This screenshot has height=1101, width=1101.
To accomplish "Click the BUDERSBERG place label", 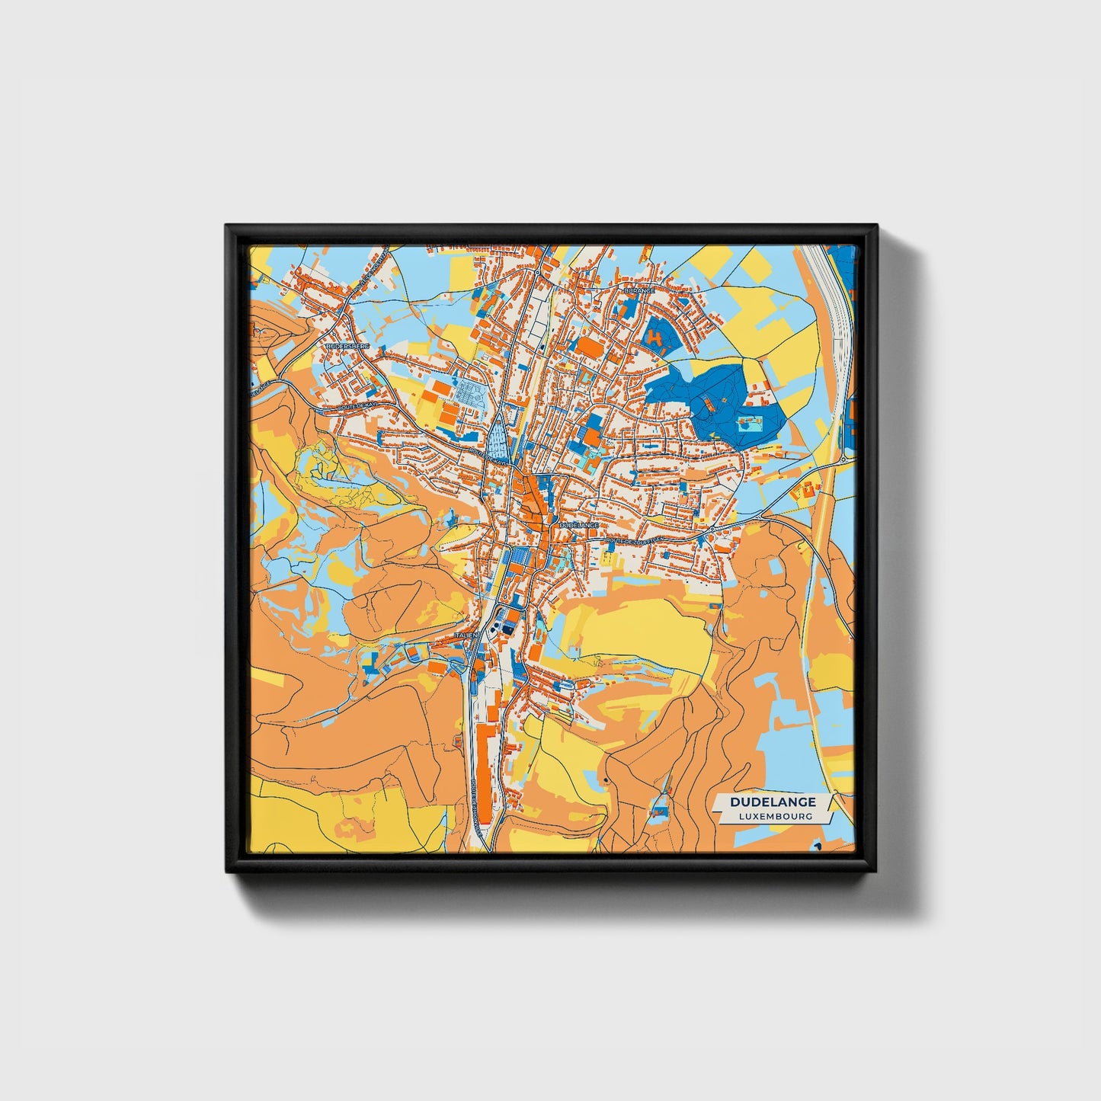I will click(347, 346).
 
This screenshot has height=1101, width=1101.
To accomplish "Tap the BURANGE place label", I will click(639, 290).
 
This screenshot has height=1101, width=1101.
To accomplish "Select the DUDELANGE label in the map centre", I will click(578, 525).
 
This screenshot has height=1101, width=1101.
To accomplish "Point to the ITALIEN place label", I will click(465, 634).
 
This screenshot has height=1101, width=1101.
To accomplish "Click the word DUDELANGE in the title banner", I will click(773, 802).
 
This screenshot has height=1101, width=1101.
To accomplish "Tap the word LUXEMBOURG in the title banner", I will click(775, 816).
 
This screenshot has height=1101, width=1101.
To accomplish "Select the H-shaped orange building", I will click(656, 338).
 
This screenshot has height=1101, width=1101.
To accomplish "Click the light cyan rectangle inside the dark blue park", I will click(750, 424).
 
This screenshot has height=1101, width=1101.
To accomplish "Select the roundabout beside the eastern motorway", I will click(845, 459).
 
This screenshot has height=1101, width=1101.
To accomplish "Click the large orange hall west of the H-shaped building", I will click(589, 347).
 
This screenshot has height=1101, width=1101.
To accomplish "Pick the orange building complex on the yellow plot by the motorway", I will click(806, 491).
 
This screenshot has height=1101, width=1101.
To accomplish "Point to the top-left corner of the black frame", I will click(226, 226).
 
